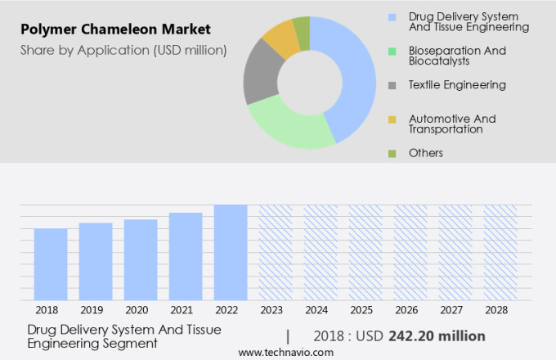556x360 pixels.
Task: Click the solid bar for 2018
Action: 51,263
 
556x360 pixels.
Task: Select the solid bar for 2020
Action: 141,259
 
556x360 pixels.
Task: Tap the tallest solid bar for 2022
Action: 231,252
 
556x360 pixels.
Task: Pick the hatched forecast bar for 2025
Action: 365,252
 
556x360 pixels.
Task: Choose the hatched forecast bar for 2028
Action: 500,252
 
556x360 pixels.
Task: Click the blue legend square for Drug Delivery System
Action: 392,16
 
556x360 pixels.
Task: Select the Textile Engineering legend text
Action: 457,84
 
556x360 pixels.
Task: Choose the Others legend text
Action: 426,153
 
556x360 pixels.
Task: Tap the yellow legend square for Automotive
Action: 392,119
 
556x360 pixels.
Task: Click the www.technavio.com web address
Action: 286,352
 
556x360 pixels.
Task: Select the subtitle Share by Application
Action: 123,51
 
